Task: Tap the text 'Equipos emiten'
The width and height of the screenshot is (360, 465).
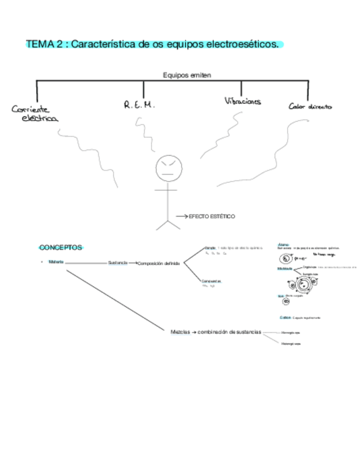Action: coord(187,75)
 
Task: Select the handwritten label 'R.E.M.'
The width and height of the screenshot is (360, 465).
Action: coord(139,104)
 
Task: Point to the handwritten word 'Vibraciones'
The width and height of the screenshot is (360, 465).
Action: coord(243,101)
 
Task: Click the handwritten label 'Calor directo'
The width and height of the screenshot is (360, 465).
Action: coord(310,107)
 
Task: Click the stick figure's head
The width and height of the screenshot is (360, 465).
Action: coord(168,169)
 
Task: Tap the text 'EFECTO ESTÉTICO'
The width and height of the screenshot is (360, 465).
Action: coord(212,217)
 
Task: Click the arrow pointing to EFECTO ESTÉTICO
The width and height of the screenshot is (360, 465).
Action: coord(182,217)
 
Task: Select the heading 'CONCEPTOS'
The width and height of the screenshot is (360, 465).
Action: coord(60,247)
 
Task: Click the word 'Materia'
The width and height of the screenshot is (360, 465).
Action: coord(56,262)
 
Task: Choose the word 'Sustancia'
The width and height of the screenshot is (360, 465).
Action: coord(117,263)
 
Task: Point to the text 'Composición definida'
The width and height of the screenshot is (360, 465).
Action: coord(159,263)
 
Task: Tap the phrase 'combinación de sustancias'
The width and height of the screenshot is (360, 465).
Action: coord(229,332)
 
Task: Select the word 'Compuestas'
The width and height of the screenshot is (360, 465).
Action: coord(211,281)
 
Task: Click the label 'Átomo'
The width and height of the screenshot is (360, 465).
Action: coord(283,244)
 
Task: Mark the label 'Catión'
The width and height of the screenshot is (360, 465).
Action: coord(285,317)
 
